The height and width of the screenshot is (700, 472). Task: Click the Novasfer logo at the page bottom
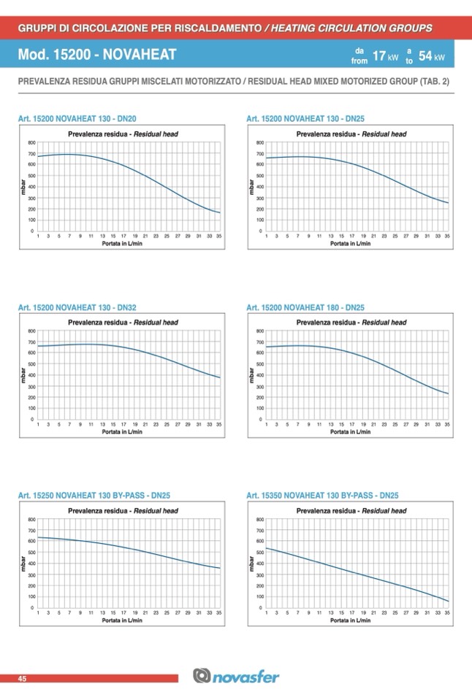tap(236, 678)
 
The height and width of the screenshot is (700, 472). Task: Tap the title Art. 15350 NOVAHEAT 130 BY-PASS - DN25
tap(322, 496)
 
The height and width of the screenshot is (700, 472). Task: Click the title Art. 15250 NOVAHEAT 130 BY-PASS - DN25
tap(94, 496)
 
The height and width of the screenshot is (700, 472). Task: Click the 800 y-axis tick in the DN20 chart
tap(31, 142)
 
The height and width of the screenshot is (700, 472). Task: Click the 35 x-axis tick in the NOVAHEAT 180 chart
tap(447, 424)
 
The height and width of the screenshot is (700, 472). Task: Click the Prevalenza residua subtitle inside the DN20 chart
tap(123, 134)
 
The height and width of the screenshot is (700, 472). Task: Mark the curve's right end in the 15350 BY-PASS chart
tap(447, 601)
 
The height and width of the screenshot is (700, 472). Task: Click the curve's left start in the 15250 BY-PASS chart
tap(38, 537)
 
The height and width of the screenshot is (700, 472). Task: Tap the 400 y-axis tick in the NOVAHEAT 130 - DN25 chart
tap(260, 187)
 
